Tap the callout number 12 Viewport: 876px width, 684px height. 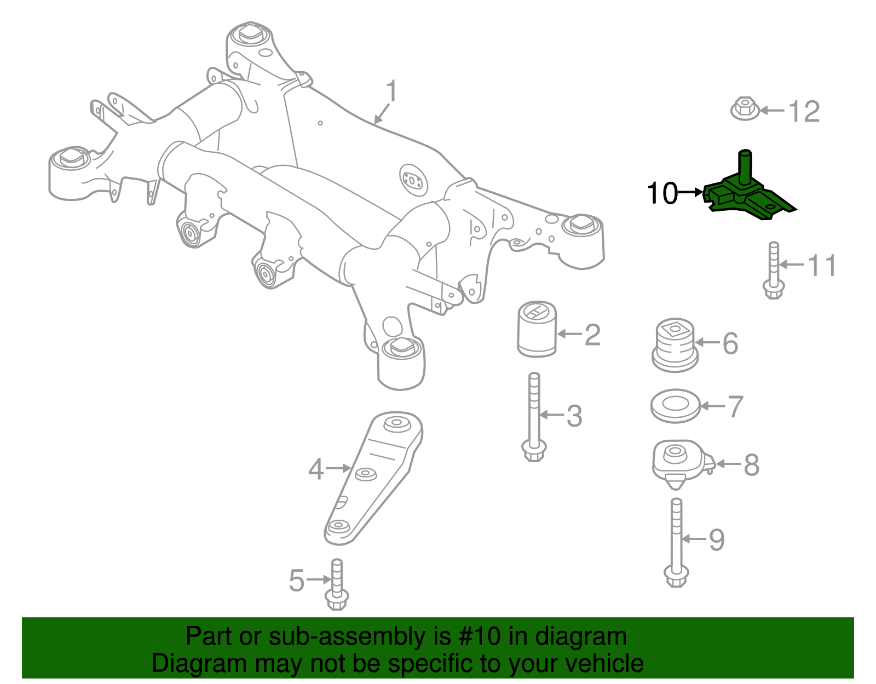point(803,112)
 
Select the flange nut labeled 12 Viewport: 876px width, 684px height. point(745,109)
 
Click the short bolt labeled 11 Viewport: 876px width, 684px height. point(773,271)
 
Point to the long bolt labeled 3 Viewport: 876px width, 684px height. point(534,416)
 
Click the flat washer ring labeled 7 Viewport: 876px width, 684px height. point(675,406)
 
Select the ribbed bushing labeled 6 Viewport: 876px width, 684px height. point(675,344)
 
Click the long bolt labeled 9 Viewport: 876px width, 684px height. point(676,542)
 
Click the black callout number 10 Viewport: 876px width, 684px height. point(661,193)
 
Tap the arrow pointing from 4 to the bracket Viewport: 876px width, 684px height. point(338,468)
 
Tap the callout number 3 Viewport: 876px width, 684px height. point(574,416)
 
